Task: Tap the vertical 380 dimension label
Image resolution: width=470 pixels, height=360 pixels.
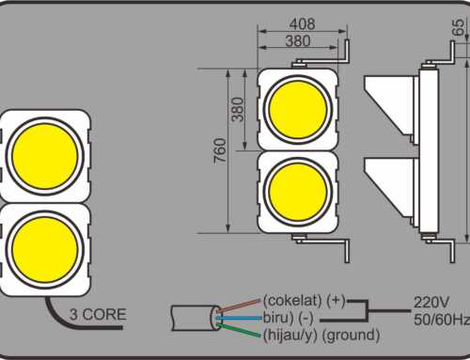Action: click(x=238, y=111)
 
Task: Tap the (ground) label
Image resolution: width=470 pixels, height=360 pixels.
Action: click(x=349, y=334)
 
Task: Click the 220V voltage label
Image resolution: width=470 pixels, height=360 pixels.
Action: click(x=431, y=303)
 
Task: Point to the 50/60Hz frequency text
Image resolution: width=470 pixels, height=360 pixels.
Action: click(x=440, y=320)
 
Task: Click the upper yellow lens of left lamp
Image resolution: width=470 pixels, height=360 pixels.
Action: click(x=43, y=156)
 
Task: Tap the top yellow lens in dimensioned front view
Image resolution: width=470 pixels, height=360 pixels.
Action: click(x=298, y=109)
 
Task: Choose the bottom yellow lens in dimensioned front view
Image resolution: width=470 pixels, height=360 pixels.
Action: click(x=298, y=191)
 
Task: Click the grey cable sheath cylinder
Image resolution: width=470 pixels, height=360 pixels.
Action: click(x=192, y=317)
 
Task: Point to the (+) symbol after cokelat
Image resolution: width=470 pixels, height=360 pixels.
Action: click(x=336, y=301)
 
